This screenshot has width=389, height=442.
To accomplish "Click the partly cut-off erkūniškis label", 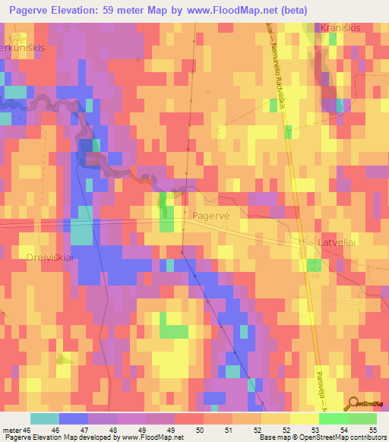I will click(24, 46).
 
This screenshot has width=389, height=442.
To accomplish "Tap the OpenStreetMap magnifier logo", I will click(353, 405).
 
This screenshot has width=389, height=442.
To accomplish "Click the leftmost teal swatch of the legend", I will click(45, 418).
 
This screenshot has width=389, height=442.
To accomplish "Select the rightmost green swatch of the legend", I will click(362, 418).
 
